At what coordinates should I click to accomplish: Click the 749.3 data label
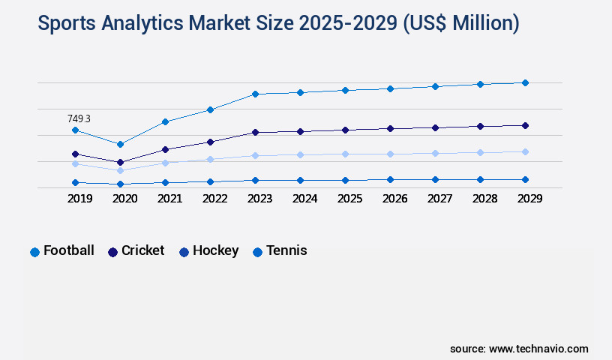click(x=79, y=118)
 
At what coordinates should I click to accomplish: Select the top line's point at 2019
click(x=75, y=130)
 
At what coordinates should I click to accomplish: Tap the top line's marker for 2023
click(x=255, y=94)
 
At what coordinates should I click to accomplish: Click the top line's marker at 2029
click(x=525, y=82)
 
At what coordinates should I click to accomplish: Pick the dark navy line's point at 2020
click(x=120, y=162)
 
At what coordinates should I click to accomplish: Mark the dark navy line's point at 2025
click(x=345, y=130)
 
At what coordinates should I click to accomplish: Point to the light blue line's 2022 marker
click(x=210, y=159)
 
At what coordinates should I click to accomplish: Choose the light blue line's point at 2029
click(x=525, y=151)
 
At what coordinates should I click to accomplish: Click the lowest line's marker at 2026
click(x=390, y=179)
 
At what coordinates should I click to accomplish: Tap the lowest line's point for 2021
click(x=165, y=182)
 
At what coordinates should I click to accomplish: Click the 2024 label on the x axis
click(x=304, y=199)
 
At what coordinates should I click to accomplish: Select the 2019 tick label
click(x=79, y=199)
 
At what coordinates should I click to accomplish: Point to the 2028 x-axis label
click(x=484, y=199)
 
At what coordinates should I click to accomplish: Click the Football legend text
click(x=69, y=250)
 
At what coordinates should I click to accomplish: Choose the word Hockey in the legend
click(x=215, y=250)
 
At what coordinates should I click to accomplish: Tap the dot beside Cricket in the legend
click(x=112, y=252)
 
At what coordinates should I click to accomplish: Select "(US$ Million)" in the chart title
click(x=460, y=24)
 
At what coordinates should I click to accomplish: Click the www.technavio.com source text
click(x=538, y=349)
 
